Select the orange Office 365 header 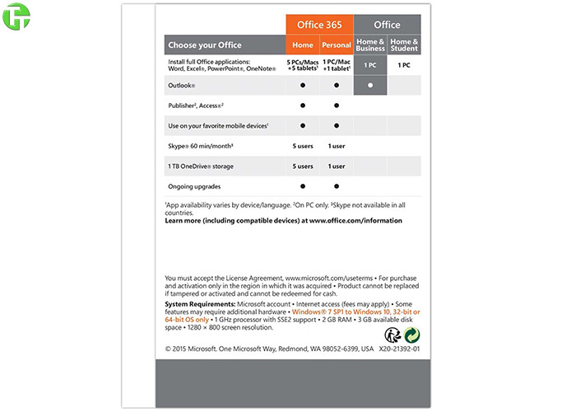point(319,24)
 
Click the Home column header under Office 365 point(302,45)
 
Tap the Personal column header point(336,45)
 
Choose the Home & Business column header point(370,45)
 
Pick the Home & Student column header point(404,45)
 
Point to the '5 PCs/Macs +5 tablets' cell point(302,65)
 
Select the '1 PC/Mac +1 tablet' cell point(336,65)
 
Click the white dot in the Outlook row point(370,85)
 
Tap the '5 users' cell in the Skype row point(302,146)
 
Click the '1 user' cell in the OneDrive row point(336,166)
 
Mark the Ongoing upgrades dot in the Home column point(302,186)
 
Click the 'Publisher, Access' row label point(196,105)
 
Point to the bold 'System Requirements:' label point(200,304)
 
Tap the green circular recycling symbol point(411,335)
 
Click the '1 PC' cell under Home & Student point(404,65)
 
